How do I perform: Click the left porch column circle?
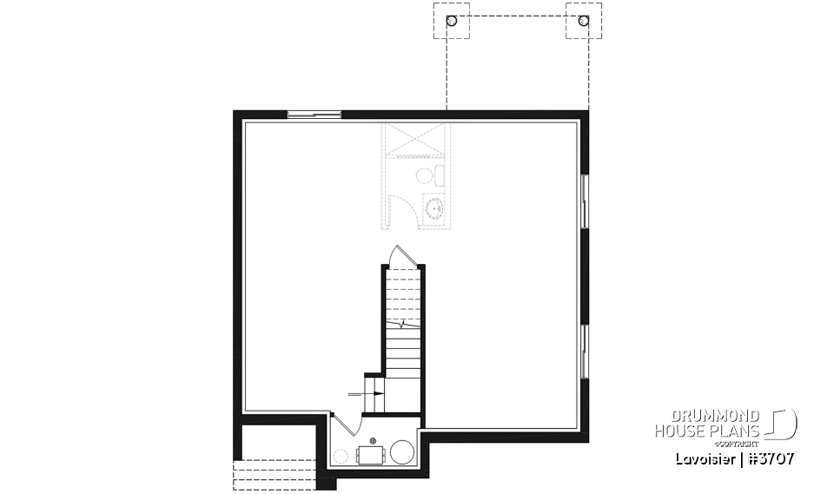451,21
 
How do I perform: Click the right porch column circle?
583,21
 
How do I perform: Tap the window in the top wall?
314,113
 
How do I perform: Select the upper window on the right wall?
585,201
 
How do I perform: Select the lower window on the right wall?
585,352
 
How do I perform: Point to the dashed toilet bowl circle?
425,176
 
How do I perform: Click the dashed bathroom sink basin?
434,207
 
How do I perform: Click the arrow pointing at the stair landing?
365,393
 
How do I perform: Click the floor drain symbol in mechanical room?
373,441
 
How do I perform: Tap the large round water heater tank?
402,452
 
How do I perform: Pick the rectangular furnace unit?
371,454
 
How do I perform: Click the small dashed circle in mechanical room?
341,455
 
